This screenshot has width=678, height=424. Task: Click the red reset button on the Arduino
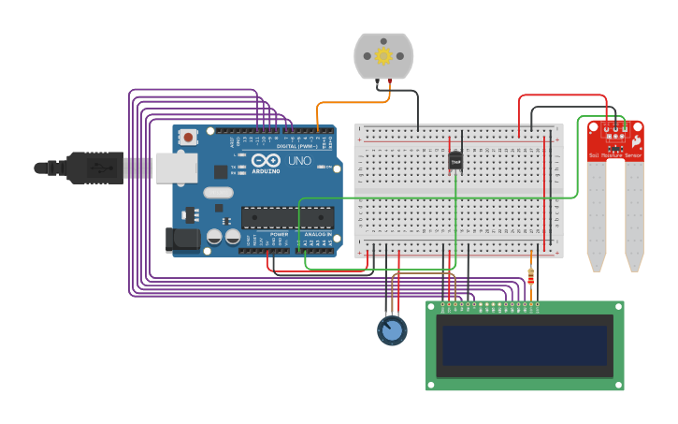pyautogui.click(x=188, y=138)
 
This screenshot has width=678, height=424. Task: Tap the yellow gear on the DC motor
pyautogui.click(x=383, y=56)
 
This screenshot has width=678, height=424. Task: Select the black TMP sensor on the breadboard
pyautogui.click(x=455, y=161)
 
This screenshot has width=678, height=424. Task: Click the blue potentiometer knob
pyautogui.click(x=392, y=330)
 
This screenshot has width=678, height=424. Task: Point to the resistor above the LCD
pyautogui.click(x=531, y=277)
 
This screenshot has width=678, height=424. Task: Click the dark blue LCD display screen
pyautogui.click(x=525, y=345)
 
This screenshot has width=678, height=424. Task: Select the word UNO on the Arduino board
pyautogui.click(x=299, y=161)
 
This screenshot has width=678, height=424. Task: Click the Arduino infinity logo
pyautogui.click(x=267, y=160)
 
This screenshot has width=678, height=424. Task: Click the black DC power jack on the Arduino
pyautogui.click(x=182, y=240)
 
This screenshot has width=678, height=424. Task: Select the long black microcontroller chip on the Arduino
pyautogui.click(x=287, y=218)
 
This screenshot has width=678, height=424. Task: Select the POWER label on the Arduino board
pyautogui.click(x=279, y=234)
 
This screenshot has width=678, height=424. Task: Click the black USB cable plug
pyautogui.click(x=94, y=168)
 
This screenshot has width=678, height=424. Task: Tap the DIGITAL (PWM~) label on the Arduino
pyautogui.click(x=297, y=146)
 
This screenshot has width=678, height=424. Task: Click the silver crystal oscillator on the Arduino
pyautogui.click(x=217, y=193)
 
